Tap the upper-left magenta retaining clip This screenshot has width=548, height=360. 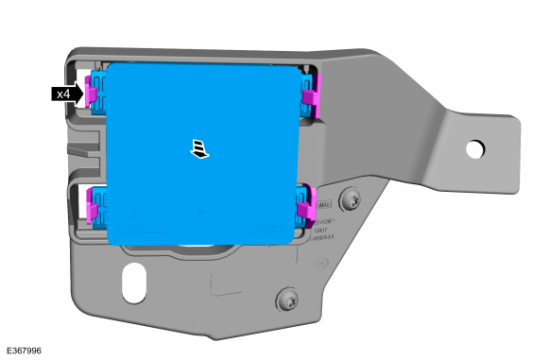(x=92, y=91)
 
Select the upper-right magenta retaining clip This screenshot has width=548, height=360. (x=312, y=93)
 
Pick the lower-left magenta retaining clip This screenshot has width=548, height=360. (x=93, y=204)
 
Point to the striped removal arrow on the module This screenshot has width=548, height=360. (x=199, y=149)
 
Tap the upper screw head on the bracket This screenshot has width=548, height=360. (x=351, y=199)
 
